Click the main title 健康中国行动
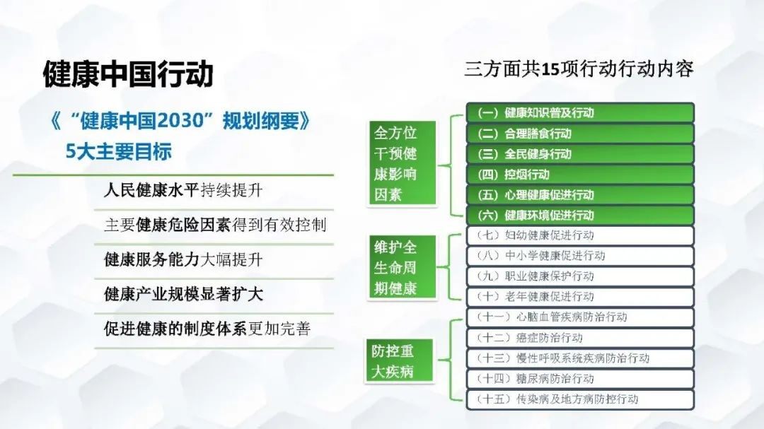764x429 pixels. tap(128, 74)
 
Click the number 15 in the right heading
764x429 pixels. tap(550, 70)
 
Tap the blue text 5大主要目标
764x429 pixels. tap(118, 151)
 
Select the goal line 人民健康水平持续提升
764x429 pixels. tap(183, 190)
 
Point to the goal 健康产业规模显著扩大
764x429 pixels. tap(183, 294)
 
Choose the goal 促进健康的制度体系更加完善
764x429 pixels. tap(207, 329)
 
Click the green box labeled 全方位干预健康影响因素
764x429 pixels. tap(402, 164)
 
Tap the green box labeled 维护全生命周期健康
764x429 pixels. tap(402, 267)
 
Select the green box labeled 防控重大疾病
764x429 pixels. tap(399, 361)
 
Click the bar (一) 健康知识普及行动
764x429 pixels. tap(580, 112)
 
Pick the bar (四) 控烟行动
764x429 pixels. tap(580, 175)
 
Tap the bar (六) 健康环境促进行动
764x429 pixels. tap(580, 216)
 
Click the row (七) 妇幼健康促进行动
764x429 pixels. tap(580, 235)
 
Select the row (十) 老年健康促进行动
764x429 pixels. tap(580, 297)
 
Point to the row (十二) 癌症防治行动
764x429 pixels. tap(580, 338)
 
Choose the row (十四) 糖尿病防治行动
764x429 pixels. tap(580, 379)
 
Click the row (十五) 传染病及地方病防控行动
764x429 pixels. tap(580, 400)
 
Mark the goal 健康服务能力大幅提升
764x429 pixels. tap(183, 259)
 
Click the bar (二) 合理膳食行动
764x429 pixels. tap(580, 134)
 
